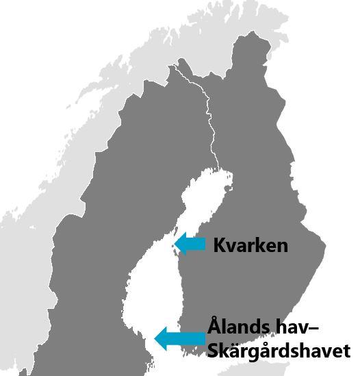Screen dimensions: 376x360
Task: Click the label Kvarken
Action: click(250, 245)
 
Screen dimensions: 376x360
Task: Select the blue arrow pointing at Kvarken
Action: click(192, 243)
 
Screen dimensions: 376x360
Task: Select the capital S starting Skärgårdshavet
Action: click(212, 350)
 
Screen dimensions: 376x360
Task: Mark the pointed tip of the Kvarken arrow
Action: click(176, 243)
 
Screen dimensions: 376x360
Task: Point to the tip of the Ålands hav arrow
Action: click(156, 338)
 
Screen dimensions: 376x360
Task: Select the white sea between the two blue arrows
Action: click(151, 288)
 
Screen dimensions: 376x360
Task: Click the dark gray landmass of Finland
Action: click(267, 171)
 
